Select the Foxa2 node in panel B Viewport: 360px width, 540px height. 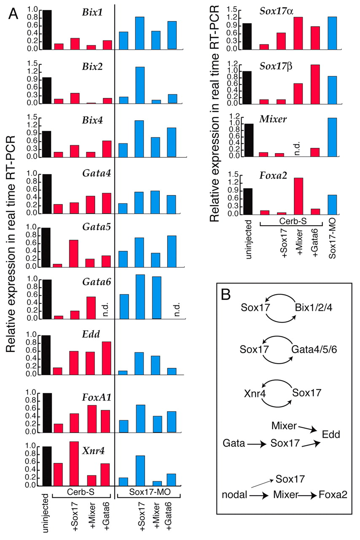tap(333, 494)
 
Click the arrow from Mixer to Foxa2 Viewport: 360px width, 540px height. tap(306, 494)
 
